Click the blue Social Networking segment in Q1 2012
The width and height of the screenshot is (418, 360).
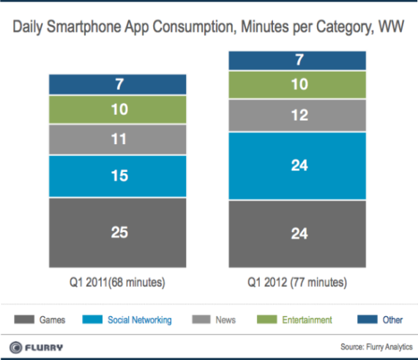(x=297, y=166)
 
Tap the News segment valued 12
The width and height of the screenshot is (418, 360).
(x=297, y=116)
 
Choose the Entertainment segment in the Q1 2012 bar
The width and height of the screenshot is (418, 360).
(x=297, y=85)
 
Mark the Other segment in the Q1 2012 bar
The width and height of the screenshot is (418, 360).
(x=297, y=61)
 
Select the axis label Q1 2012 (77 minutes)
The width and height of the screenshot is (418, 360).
(x=297, y=282)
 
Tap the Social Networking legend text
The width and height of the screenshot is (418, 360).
(x=140, y=320)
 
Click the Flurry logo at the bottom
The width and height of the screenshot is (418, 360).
(x=38, y=346)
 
